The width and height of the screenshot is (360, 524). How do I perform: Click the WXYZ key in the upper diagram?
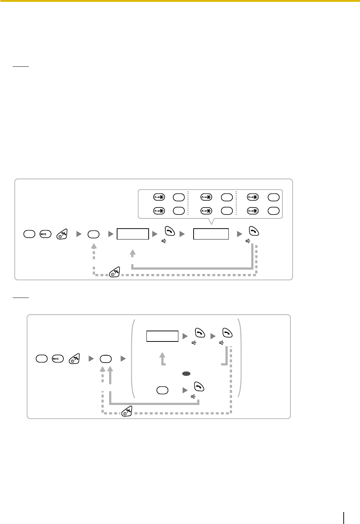pos(45,234)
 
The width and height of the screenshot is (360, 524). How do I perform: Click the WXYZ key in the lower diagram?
pos(58,359)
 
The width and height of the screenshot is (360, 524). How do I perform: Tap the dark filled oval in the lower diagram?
pos(186,373)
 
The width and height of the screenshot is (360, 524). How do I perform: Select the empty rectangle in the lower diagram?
pos(162,336)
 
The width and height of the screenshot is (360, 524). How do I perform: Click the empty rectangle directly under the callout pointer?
pos(211,234)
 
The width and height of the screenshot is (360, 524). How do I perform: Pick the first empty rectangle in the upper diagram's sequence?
pos(133,234)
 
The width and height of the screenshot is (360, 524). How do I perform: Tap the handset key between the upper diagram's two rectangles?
pos(170,231)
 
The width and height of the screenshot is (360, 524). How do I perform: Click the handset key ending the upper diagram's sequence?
pos(253,231)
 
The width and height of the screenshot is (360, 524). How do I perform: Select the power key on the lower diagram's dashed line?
pos(127,411)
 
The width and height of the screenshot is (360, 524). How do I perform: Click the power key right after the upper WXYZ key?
pos(62,234)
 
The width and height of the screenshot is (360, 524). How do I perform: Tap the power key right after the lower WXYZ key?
pos(75,359)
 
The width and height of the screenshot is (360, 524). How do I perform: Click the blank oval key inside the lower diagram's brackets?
pos(162,390)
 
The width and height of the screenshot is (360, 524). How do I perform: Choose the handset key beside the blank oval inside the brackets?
pos(199,387)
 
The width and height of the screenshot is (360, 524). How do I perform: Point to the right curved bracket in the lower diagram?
pos(239,358)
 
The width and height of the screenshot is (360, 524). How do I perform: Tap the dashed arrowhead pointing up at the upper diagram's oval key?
pos(94,246)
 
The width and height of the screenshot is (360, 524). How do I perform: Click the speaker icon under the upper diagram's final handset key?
pos(248,241)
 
